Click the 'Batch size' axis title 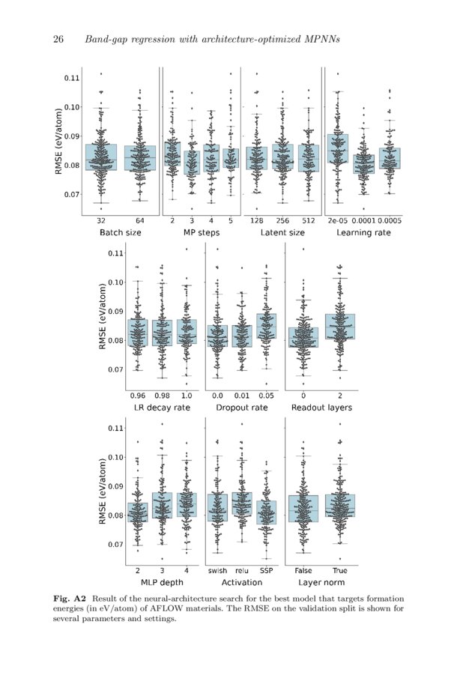[120, 233]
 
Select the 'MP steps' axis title [200, 233]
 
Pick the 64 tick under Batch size [139, 221]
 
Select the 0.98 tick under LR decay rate [163, 395]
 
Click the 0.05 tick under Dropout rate [266, 395]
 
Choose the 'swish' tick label [217, 570]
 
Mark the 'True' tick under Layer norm [339, 570]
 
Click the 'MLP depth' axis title [161, 582]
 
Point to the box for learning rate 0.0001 [363, 164]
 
